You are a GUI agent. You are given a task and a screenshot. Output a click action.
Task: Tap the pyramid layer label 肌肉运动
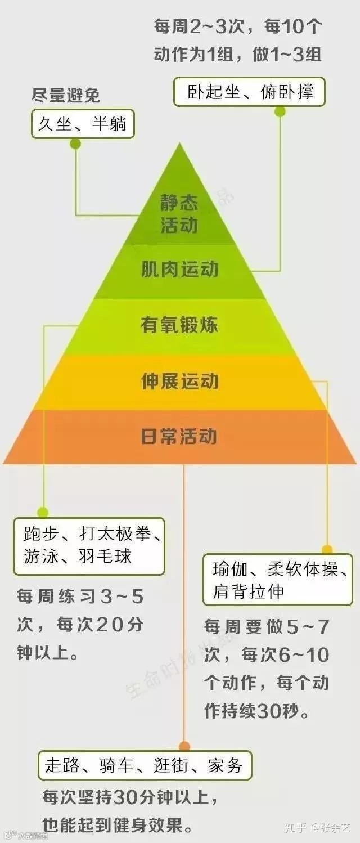click(179, 270)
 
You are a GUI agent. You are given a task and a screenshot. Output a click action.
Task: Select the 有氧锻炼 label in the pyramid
click(179, 325)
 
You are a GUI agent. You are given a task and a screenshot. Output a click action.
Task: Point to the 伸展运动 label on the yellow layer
click(179, 382)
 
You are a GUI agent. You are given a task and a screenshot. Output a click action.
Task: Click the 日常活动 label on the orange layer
click(179, 437)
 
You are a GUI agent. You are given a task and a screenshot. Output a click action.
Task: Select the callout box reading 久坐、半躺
click(83, 124)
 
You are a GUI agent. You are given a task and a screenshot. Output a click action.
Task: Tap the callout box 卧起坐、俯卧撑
click(249, 92)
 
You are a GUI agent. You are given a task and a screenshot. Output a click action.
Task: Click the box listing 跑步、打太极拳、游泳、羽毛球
click(89, 546)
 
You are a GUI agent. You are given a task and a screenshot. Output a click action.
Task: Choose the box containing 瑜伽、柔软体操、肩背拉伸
click(277, 580)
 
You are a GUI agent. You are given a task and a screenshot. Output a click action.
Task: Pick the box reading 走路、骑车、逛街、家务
click(145, 765)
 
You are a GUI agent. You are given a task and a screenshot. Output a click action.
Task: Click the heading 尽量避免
click(66, 96)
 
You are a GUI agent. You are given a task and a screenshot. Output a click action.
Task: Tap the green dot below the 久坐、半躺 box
click(75, 144)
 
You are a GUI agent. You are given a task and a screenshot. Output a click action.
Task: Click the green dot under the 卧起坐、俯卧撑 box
click(280, 111)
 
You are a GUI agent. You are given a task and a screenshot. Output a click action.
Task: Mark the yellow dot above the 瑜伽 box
click(327, 549)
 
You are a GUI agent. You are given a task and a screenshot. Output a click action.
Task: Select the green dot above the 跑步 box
click(43, 512)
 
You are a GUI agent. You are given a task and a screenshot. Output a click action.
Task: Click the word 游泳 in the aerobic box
click(39, 557)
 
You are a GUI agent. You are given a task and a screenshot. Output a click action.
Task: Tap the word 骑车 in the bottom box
click(116, 765)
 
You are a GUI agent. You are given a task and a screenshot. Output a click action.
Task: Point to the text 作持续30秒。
click(256, 711)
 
